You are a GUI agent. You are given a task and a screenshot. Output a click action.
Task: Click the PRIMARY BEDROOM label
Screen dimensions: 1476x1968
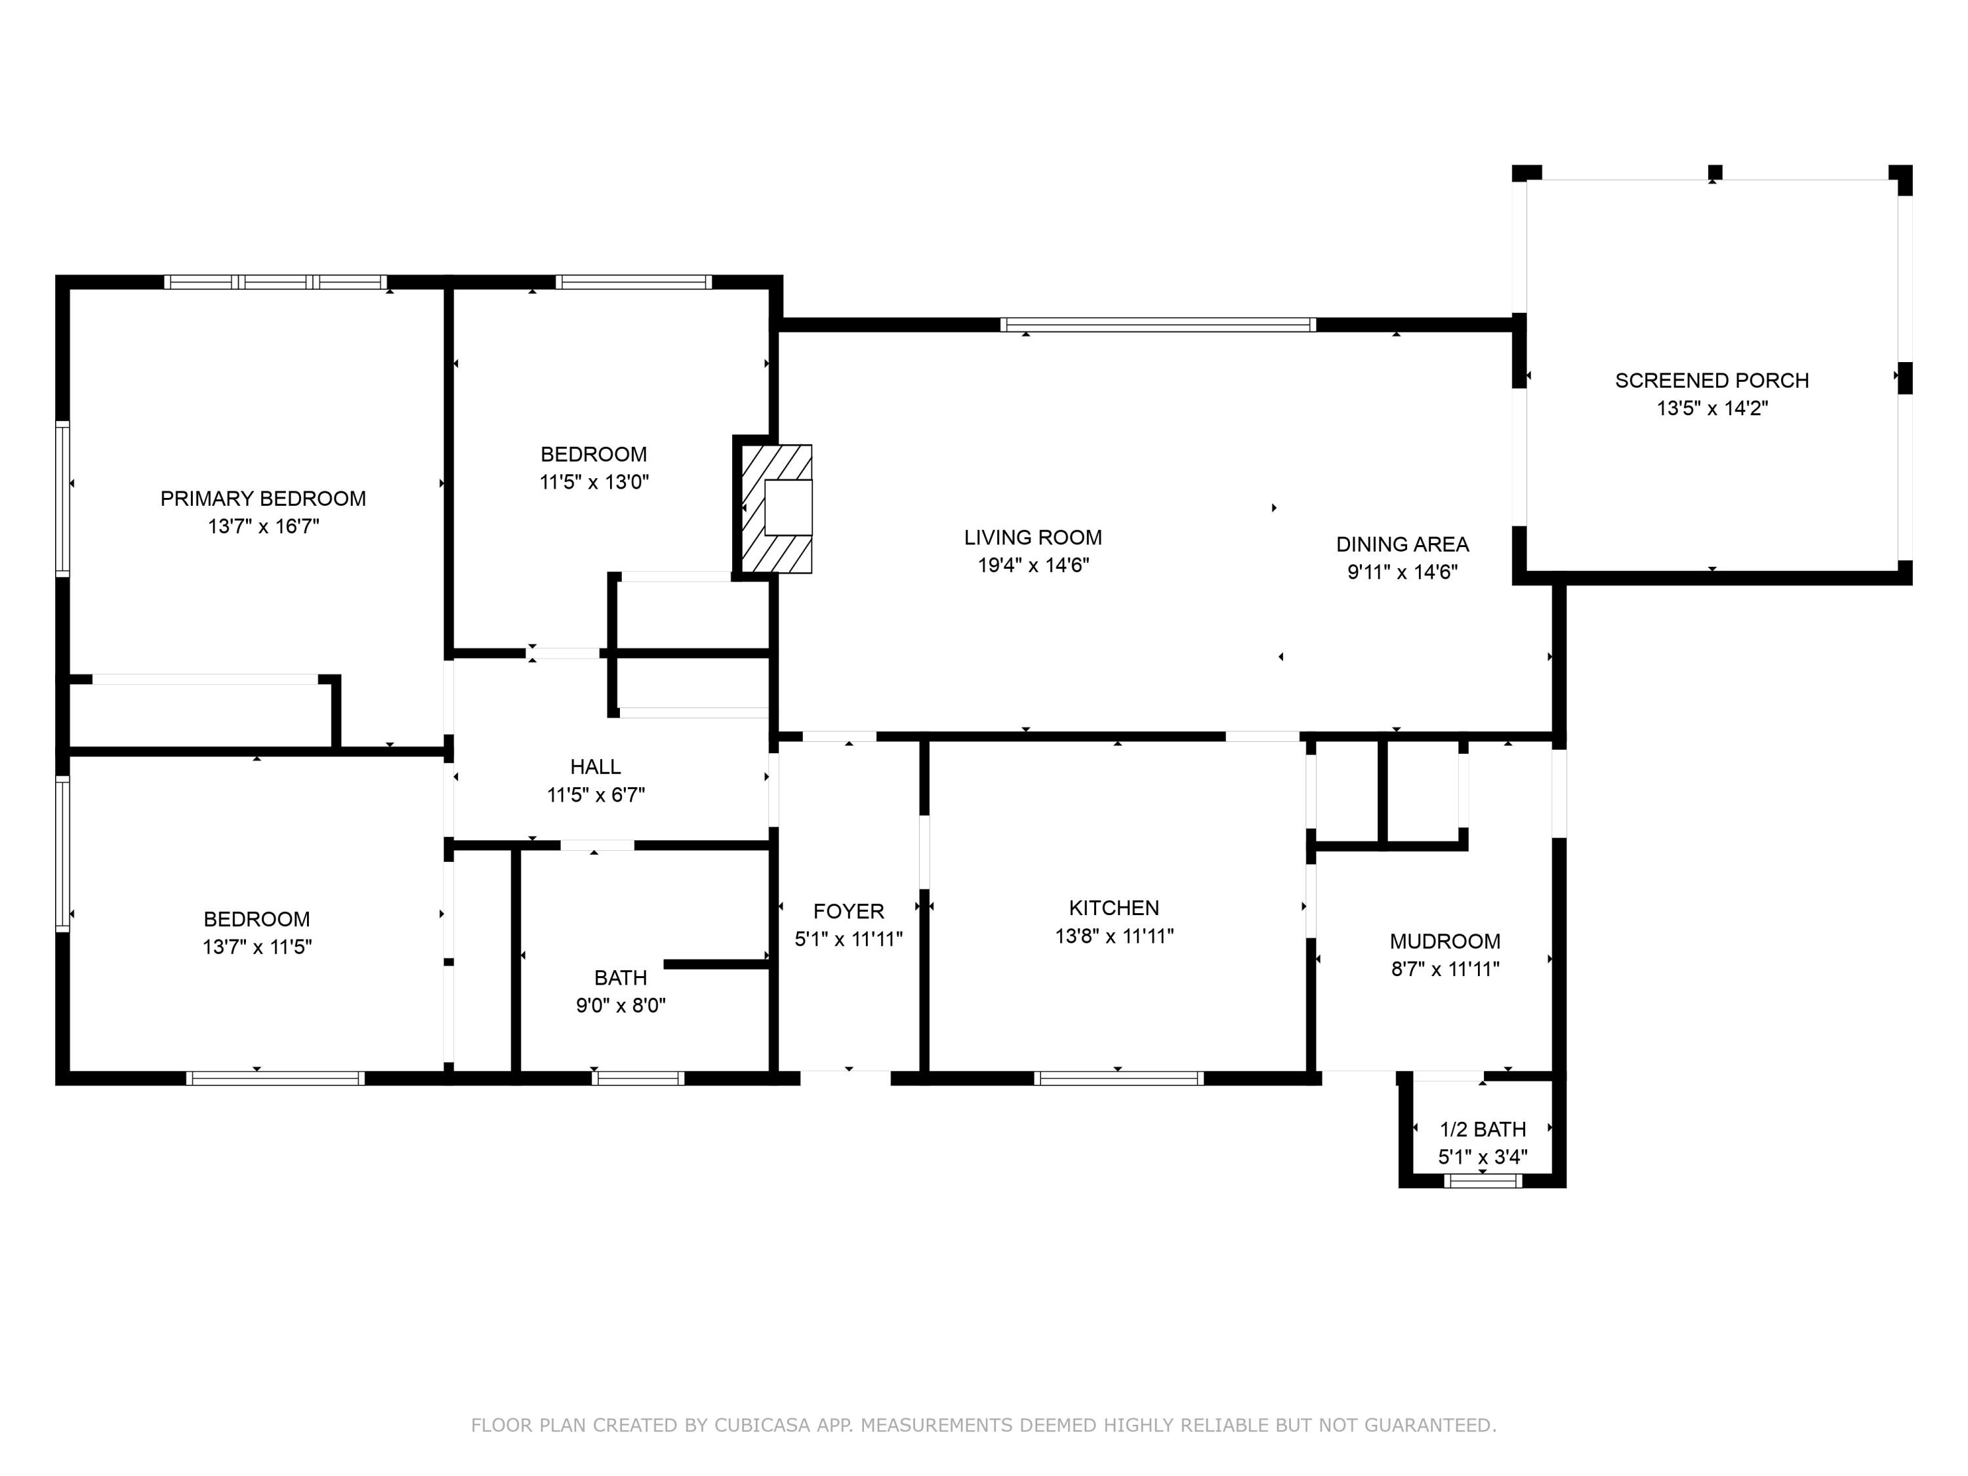(262, 498)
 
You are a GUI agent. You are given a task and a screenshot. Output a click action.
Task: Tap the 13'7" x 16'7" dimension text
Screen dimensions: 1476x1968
(263, 526)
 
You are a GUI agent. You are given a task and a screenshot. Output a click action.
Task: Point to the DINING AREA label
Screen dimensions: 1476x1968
(1402, 544)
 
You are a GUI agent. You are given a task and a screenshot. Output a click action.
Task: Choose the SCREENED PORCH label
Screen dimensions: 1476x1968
(1711, 380)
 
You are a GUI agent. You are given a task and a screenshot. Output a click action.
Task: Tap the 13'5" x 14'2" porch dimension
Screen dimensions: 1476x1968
(1711, 409)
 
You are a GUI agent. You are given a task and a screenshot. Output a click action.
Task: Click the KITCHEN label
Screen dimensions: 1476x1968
(1113, 909)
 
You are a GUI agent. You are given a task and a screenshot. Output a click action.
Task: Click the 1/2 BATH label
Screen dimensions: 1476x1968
(1482, 1130)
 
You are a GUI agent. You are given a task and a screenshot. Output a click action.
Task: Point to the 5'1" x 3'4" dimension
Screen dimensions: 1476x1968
(1482, 1157)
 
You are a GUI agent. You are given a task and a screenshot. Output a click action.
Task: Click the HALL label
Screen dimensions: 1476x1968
(595, 767)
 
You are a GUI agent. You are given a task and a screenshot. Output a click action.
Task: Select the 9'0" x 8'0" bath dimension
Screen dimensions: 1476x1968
(620, 1006)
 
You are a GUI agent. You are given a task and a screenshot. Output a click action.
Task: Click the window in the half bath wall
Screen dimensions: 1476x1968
(1482, 1181)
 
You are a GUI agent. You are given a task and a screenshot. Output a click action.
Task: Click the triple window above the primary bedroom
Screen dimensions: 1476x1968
(276, 282)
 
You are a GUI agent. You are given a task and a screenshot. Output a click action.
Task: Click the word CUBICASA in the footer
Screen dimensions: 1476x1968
(762, 1425)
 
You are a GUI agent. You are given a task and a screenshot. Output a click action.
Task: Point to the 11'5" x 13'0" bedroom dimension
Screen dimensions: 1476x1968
(594, 482)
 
